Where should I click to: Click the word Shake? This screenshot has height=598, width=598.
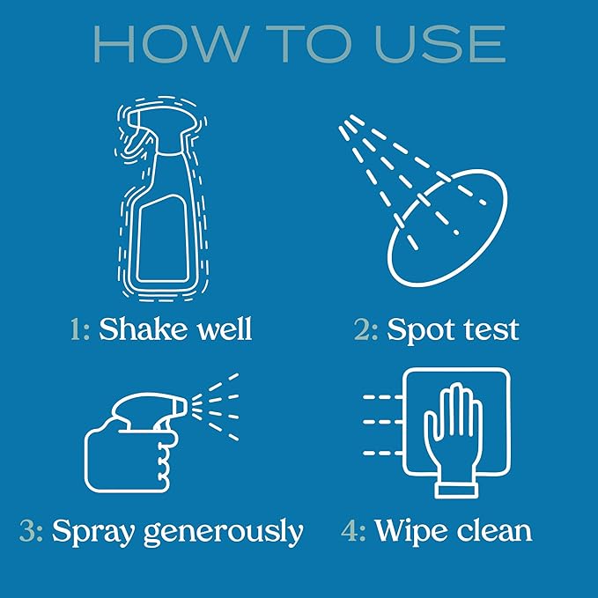[142, 329]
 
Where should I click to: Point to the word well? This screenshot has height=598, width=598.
[222, 329]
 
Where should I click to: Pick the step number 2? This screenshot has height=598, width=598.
[365, 329]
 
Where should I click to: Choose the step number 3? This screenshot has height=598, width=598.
[31, 531]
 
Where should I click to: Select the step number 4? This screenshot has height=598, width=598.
[353, 531]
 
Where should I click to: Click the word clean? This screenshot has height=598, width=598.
[494, 531]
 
